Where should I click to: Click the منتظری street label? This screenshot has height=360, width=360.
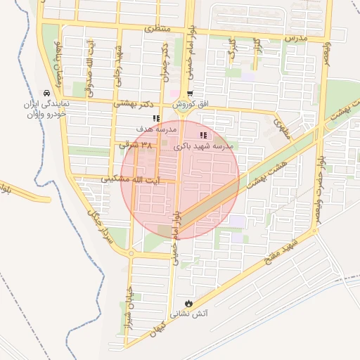pyautogui.click(x=158, y=30)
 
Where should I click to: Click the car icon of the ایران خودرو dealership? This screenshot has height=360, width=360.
pyautogui.click(x=46, y=93)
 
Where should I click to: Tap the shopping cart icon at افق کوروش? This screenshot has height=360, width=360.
pyautogui.click(x=188, y=94)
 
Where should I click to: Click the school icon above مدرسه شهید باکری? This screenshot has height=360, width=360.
pyautogui.click(x=203, y=135)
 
